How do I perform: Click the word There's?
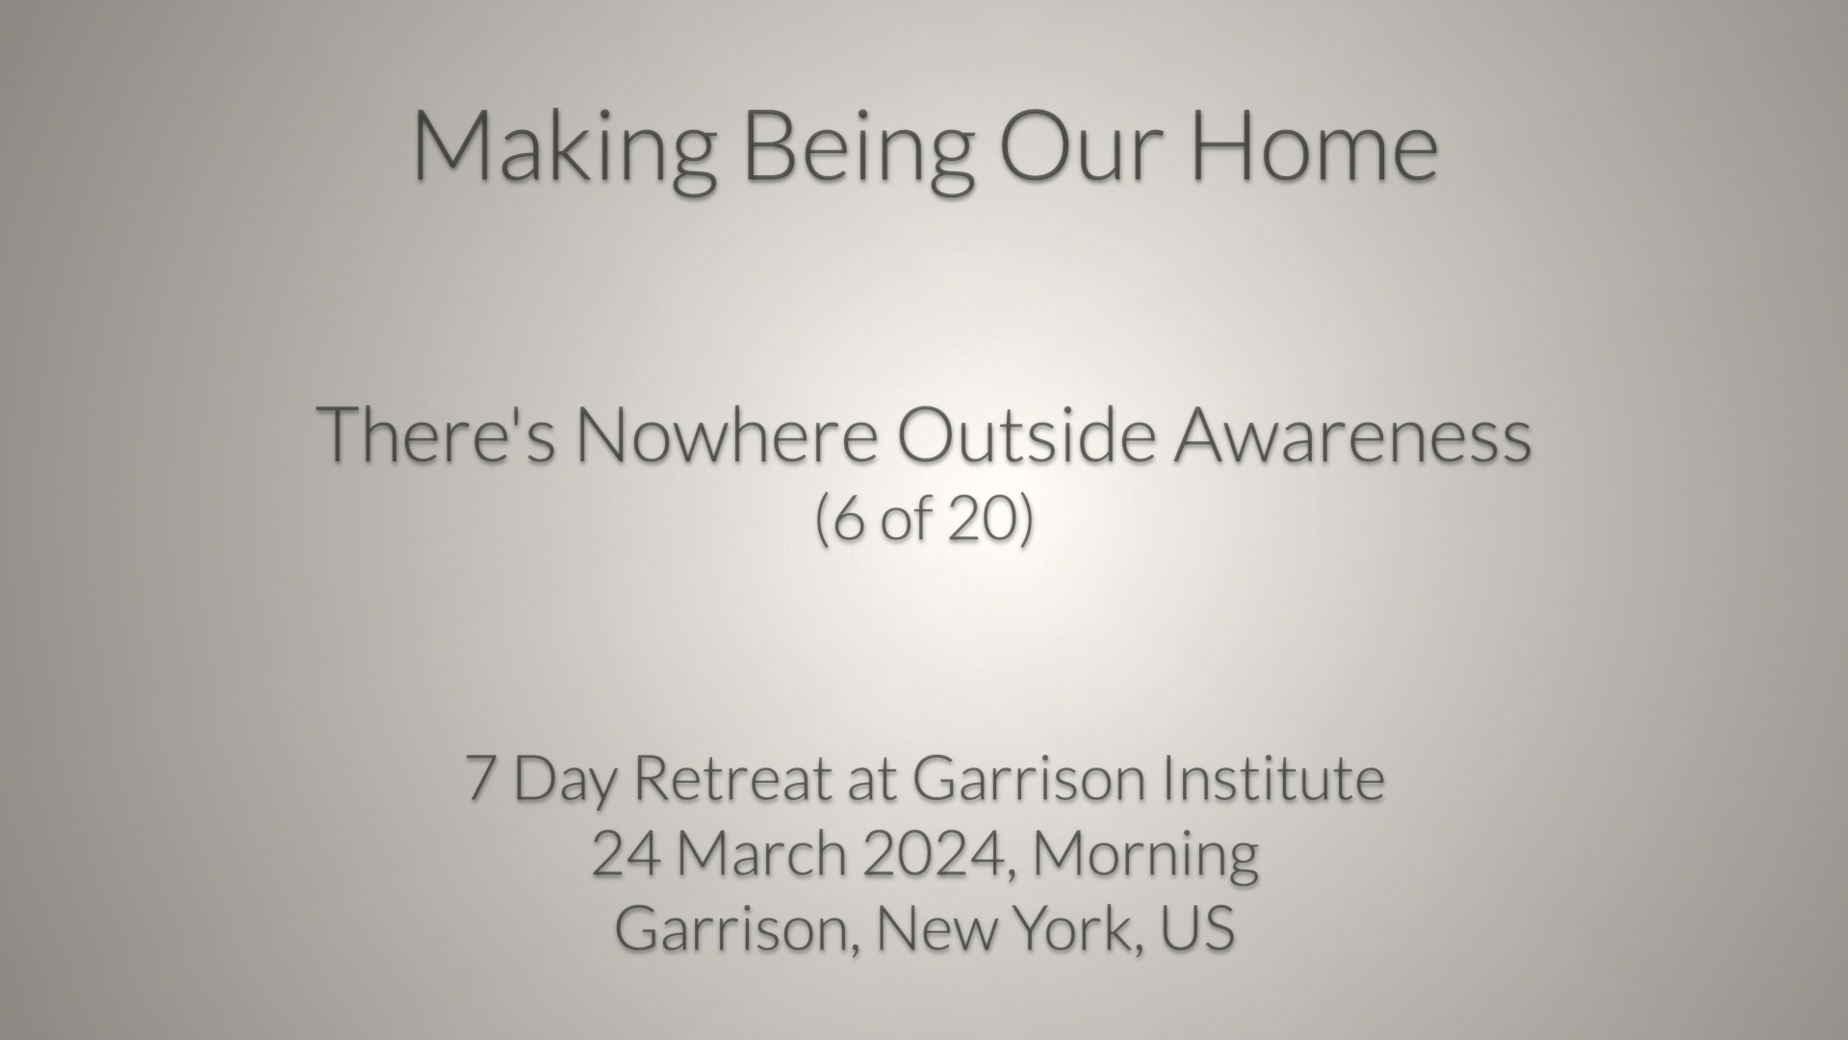click(437, 435)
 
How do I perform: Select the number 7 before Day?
click(480, 778)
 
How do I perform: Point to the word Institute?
click(1273, 778)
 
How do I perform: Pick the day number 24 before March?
click(626, 853)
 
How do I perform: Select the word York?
click(1084, 930)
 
